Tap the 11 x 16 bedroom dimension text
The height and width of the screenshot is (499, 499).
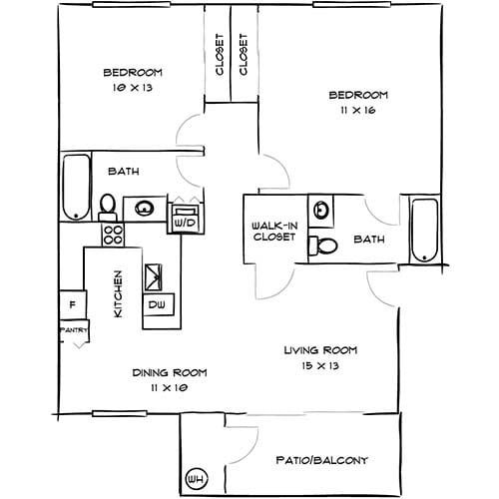click(357, 113)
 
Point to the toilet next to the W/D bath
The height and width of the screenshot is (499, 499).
click(108, 207)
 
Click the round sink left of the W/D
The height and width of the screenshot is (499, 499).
click(146, 209)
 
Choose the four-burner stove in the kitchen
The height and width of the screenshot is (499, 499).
click(112, 235)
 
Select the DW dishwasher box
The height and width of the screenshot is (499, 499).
click(157, 303)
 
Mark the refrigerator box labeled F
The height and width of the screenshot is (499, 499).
click(72, 304)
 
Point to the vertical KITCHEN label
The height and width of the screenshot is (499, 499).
click(118, 294)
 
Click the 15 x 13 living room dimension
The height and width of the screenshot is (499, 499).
click(318, 366)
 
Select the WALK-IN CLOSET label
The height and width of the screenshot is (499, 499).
click(271, 232)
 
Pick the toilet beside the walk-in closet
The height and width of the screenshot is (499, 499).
click(324, 246)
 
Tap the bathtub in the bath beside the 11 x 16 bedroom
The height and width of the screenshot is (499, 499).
click(424, 234)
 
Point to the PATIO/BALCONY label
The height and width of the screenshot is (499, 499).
click(321, 460)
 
